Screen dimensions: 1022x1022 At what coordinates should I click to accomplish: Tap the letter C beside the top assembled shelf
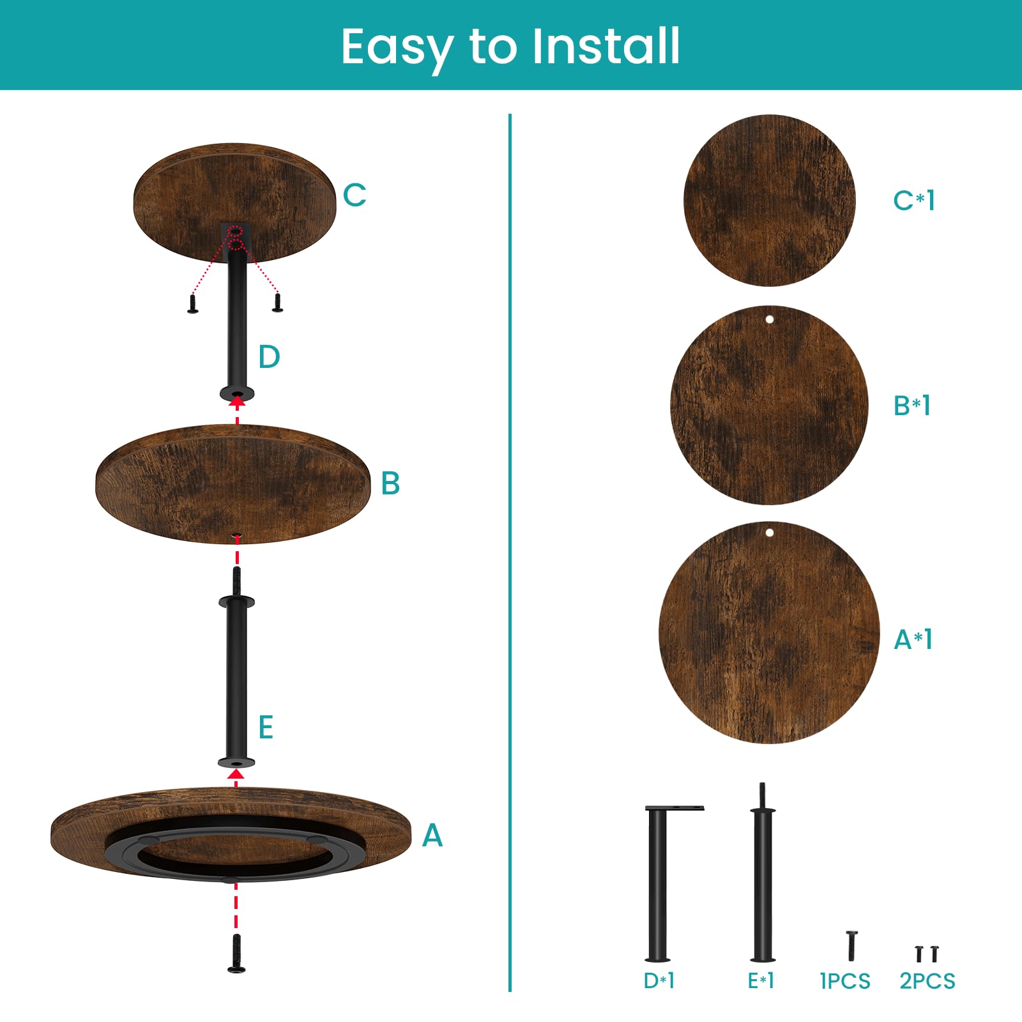click(x=355, y=195)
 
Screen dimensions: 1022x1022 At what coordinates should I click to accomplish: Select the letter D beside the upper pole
click(x=269, y=357)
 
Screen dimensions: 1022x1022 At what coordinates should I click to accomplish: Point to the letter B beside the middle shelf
click(x=390, y=484)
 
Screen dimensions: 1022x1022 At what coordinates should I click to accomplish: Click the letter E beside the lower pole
click(x=266, y=728)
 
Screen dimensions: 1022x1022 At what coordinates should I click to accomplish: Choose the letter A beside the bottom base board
click(x=432, y=835)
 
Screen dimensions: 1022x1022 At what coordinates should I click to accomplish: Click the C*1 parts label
click(x=914, y=201)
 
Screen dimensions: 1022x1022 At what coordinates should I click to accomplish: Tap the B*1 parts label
click(x=912, y=406)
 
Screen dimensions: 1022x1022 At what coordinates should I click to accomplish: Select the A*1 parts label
click(x=913, y=639)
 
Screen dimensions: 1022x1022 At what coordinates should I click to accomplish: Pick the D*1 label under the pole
click(x=659, y=980)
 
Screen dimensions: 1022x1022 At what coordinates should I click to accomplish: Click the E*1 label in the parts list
click(x=761, y=980)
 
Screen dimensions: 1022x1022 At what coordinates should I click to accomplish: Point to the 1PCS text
click(x=845, y=981)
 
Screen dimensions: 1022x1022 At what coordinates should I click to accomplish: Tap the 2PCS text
click(x=927, y=981)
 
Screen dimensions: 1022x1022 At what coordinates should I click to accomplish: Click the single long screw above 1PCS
click(x=851, y=946)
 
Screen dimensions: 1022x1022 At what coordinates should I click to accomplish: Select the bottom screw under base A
click(x=236, y=954)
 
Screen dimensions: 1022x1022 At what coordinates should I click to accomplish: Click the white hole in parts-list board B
click(x=770, y=319)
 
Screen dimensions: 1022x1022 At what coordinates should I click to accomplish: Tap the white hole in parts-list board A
click(x=770, y=533)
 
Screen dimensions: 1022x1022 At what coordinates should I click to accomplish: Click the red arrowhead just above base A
click(x=236, y=774)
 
